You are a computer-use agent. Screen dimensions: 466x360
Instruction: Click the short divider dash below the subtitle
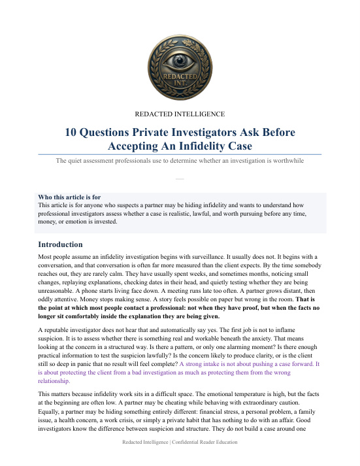(x=180, y=176)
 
